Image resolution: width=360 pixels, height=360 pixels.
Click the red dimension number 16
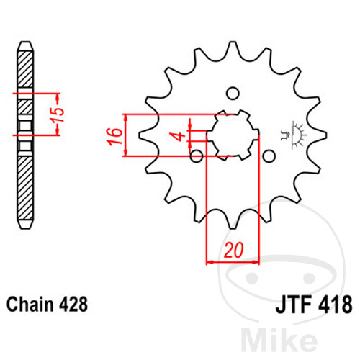click(x=115, y=137)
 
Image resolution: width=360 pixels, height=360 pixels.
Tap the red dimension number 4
click(x=179, y=136)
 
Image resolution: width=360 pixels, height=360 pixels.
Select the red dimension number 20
click(x=233, y=250)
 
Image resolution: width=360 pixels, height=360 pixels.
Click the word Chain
click(x=30, y=304)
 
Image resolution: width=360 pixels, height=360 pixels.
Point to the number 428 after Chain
click(x=73, y=304)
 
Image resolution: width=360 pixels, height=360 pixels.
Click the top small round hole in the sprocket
click(x=233, y=94)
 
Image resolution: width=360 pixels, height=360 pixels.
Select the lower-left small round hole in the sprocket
click(x=197, y=156)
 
